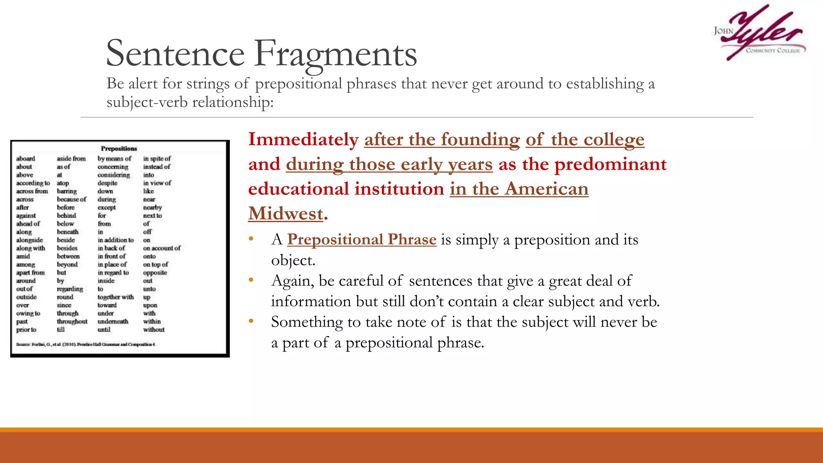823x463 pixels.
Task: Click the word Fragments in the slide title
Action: click(336, 54)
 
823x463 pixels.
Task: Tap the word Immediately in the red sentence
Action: click(303, 139)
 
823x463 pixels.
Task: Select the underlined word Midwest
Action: click(286, 213)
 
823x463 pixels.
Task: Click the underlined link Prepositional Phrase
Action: click(362, 240)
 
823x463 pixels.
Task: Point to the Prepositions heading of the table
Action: click(119, 148)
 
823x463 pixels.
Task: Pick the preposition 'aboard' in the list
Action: click(26, 159)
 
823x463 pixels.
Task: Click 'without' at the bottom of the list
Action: click(154, 330)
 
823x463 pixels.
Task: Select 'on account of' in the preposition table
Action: click(162, 248)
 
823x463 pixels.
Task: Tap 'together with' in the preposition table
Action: click(116, 297)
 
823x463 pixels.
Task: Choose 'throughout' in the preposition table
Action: click(72, 322)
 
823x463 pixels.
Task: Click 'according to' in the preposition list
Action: click(33, 183)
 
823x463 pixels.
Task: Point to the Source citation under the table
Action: click(86, 344)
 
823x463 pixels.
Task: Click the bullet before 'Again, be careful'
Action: click(251, 280)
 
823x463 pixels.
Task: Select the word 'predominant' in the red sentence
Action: click(610, 164)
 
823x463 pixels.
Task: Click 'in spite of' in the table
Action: click(157, 159)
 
